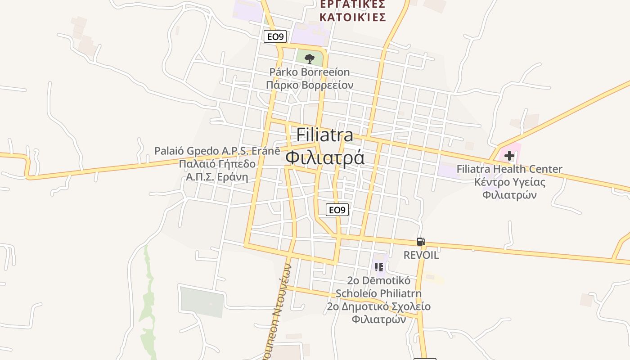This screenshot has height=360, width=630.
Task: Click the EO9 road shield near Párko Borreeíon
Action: pyautogui.click(x=275, y=36)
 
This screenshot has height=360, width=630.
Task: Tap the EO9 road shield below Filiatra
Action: pyautogui.click(x=337, y=210)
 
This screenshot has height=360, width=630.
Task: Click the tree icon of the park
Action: pyautogui.click(x=309, y=58)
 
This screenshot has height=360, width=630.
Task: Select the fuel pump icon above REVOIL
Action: pyautogui.click(x=421, y=242)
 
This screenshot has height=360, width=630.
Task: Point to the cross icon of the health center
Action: pyautogui.click(x=509, y=156)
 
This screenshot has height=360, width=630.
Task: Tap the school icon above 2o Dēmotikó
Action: pyautogui.click(x=379, y=267)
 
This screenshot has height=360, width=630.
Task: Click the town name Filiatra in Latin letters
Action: pyautogui.click(x=325, y=135)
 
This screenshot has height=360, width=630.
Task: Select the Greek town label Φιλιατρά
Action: pyautogui.click(x=325, y=158)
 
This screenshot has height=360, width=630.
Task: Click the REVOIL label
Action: pyautogui.click(x=421, y=255)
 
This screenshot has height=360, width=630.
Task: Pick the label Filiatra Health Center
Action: pyautogui.click(x=509, y=169)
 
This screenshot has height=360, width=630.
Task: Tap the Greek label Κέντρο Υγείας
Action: pyautogui.click(x=509, y=182)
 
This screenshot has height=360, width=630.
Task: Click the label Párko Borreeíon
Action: pyautogui.click(x=310, y=72)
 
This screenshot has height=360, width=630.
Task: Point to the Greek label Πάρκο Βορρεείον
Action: pyautogui.click(x=310, y=85)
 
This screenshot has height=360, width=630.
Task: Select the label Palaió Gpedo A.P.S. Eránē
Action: pyautogui.click(x=217, y=151)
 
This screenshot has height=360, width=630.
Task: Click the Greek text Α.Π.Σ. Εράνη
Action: pyautogui.click(x=217, y=177)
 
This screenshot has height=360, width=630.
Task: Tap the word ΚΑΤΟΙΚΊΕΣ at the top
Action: pyautogui.click(x=353, y=18)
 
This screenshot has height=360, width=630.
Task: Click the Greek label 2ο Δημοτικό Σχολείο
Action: pyautogui.click(x=379, y=307)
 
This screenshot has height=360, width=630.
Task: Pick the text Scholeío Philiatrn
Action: pyautogui.click(x=379, y=293)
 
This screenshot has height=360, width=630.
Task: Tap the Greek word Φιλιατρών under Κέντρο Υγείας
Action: pyautogui.click(x=509, y=195)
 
